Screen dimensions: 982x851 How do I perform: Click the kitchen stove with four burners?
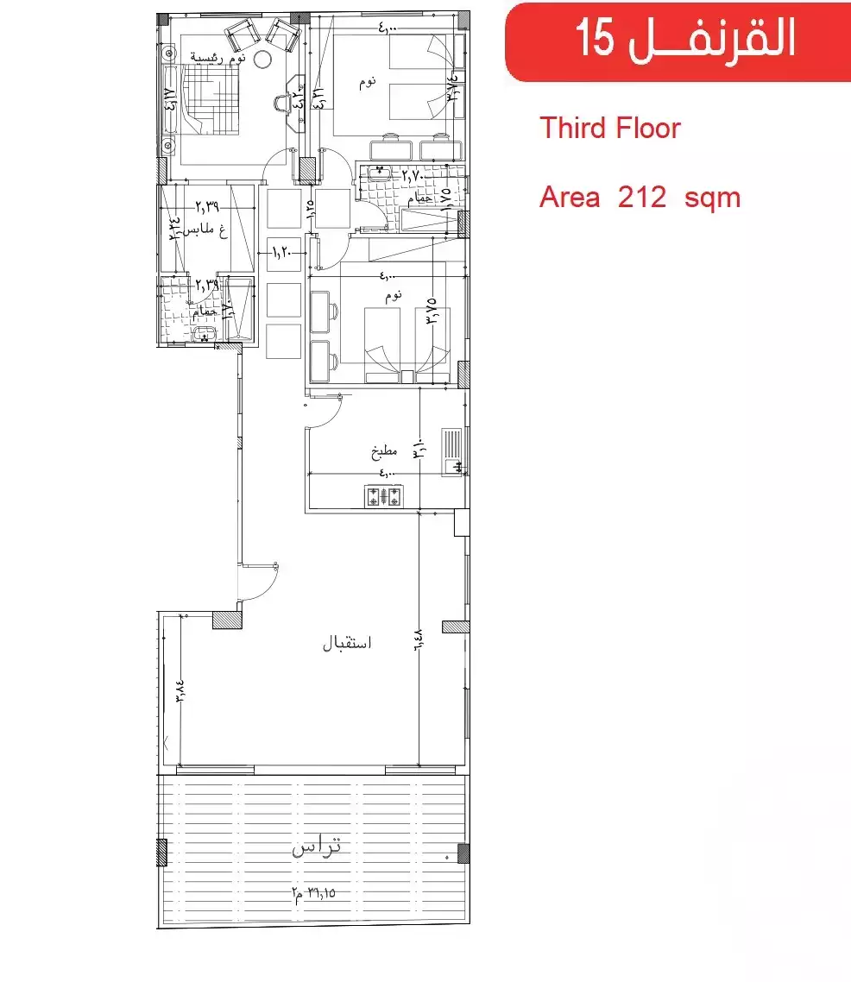(x=384, y=497)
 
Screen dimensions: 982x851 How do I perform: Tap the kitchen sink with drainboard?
(x=454, y=451)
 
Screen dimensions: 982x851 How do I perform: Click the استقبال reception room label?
(x=346, y=644)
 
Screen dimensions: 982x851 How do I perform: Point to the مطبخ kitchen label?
(x=383, y=450)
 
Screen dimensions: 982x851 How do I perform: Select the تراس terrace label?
(x=317, y=848)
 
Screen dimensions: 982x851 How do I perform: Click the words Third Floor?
(x=610, y=129)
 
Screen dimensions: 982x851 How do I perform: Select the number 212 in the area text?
(x=641, y=198)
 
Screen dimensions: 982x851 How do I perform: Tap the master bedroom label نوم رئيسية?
(x=219, y=57)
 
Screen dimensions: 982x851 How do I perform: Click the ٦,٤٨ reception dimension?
(x=418, y=638)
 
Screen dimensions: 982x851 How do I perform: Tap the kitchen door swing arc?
(x=326, y=411)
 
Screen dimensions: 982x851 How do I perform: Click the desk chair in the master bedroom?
(x=283, y=104)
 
